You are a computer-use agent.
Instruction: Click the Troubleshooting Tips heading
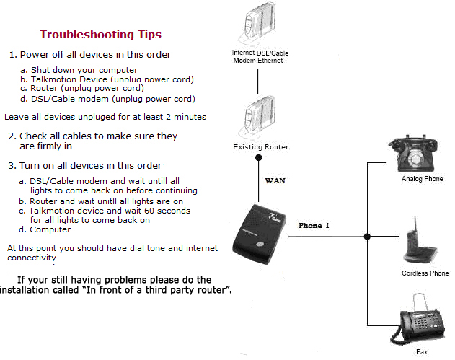[100, 35]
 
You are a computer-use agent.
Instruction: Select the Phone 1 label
[314, 226]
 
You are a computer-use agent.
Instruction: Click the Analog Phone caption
[422, 178]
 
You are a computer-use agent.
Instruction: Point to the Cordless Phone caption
[425, 273]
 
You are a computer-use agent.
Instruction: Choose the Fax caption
[422, 353]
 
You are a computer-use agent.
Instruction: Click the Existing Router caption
[260, 147]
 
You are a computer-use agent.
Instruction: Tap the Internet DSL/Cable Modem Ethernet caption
[260, 57]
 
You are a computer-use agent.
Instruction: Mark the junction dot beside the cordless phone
[367, 236]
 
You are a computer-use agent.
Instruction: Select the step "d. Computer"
[50, 230]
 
